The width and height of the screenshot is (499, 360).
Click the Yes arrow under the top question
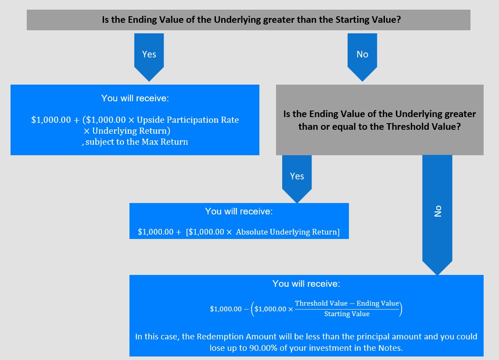tap(149, 57)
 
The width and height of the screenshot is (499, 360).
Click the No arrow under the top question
tap(362, 57)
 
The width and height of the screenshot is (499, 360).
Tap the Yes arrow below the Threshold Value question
tap(297, 179)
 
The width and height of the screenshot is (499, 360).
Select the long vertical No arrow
tap(437, 215)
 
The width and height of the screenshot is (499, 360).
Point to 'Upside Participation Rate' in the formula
tap(188, 120)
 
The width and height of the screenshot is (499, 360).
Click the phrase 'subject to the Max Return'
tap(137, 142)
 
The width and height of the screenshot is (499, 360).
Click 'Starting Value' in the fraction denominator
tap(347, 314)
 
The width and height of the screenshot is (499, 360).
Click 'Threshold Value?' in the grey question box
tap(424, 127)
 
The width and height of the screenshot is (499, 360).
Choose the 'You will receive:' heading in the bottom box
tap(306, 284)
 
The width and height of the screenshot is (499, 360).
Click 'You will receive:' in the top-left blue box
tap(135, 98)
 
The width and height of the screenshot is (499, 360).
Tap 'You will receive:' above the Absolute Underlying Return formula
tap(239, 211)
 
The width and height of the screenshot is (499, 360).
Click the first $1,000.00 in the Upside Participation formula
tap(51, 120)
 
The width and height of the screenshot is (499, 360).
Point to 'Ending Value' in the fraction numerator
tap(378, 303)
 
